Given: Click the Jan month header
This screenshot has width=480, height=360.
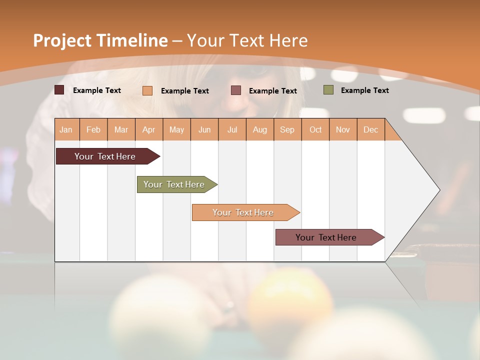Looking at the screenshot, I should point(66,129).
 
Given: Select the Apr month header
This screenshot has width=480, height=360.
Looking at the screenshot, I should point(148,129).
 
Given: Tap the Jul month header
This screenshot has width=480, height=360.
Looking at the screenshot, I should point(232,129).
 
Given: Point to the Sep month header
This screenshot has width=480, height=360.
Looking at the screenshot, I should point(287,129).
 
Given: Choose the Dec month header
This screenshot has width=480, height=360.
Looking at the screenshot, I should point(370,129).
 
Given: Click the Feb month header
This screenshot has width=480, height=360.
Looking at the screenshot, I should point(93,129).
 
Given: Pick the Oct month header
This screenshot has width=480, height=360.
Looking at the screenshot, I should point(315,129).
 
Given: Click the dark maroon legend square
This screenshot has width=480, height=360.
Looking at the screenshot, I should point(59,90).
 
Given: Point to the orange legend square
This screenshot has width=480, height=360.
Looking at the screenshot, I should point(147,90).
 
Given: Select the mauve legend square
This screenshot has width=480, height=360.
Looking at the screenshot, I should point(236,90).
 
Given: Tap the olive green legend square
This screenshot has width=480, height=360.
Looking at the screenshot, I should point(328,90).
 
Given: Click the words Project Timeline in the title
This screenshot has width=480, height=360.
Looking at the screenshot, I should point(100,40).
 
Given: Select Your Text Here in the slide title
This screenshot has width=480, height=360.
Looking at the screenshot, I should point(247,40).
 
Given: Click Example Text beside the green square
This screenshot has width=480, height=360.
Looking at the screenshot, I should point(364,90).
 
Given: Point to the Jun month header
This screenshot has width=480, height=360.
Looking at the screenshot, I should point(204,129).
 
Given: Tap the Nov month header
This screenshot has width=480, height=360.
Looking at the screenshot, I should point(343,129).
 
